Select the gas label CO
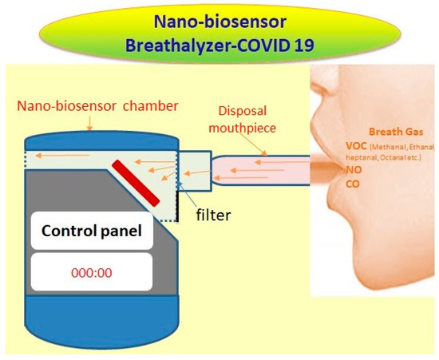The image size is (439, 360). pos(354,183)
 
